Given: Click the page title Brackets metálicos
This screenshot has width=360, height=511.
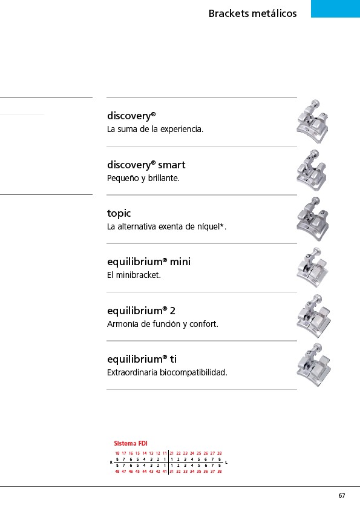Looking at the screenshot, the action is click(252, 13).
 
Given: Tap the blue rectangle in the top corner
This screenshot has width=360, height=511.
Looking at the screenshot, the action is click(335, 8).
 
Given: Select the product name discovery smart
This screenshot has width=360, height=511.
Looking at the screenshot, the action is click(146, 165).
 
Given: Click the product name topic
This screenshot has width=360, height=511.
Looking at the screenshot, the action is click(119, 213).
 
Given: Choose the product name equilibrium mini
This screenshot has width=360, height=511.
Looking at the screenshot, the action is click(149, 262).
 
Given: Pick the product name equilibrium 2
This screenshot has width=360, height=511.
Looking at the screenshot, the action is click(141, 311).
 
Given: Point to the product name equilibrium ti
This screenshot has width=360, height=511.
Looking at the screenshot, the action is click(142, 359).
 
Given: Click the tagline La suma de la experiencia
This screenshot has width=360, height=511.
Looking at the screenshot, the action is click(155, 129).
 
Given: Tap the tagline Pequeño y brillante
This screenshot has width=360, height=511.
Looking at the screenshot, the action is click(143, 178).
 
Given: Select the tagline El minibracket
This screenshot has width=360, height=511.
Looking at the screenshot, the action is click(134, 275).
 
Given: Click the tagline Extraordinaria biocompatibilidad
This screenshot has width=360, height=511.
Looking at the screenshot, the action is click(167, 372).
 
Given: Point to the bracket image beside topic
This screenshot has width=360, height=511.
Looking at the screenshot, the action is click(313, 219).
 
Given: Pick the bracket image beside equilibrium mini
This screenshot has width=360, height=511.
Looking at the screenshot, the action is click(312, 267).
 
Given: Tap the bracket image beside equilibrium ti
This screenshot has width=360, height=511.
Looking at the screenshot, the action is click(313, 365).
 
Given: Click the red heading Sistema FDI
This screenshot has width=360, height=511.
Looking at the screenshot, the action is click(131, 443).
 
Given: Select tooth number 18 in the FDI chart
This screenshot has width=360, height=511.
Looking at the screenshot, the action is click(117, 453).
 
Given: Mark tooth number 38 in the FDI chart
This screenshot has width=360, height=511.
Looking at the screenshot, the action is click(219, 471).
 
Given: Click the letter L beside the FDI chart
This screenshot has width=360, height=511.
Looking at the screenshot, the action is click(226, 463).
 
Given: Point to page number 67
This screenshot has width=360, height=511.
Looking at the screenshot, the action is click(341, 496).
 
